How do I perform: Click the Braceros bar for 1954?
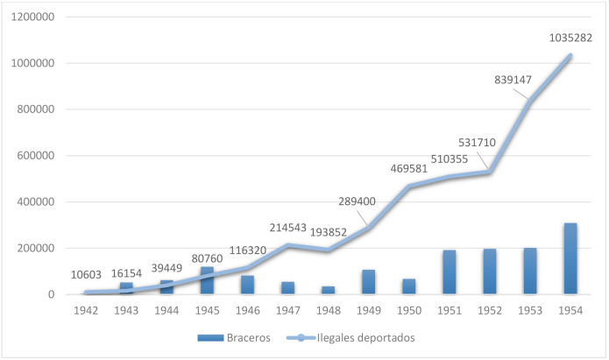570,259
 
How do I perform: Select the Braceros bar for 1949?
368,282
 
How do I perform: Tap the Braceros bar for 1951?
449,272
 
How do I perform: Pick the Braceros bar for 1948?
328,290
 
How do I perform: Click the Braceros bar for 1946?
247,285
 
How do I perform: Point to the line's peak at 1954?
570,56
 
